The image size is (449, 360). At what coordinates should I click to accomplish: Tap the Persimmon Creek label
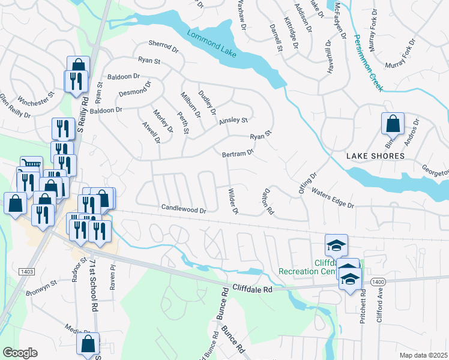point(367,68)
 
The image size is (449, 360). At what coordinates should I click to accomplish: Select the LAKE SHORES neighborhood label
point(375,156)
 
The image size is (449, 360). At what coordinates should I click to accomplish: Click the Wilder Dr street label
point(233,202)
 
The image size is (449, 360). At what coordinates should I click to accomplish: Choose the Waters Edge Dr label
point(333,198)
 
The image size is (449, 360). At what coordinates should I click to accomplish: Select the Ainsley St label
point(234,121)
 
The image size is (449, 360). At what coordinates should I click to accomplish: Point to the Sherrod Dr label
point(164,46)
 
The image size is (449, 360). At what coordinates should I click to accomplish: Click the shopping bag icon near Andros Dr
point(392,124)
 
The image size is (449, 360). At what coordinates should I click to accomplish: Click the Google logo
point(20,353)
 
